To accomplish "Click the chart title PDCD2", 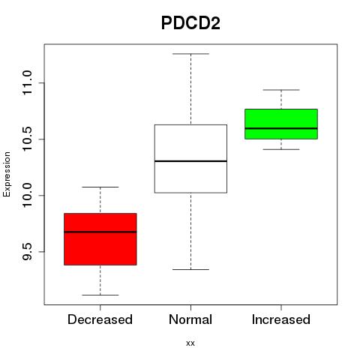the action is click(x=190, y=23).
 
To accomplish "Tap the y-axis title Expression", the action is click(x=7, y=174).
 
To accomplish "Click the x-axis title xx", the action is click(x=190, y=343).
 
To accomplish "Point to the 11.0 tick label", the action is click(x=27, y=82).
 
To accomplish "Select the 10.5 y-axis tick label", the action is click(x=27, y=139).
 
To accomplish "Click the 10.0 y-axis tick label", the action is click(x=27, y=195).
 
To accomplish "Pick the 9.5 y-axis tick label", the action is click(x=27, y=251).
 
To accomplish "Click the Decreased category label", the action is click(x=100, y=319).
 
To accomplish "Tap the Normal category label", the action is click(x=190, y=319).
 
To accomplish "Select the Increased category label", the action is click(x=281, y=319).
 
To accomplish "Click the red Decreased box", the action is click(x=100, y=239).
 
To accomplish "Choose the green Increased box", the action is click(x=281, y=124).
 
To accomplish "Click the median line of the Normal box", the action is click(x=190, y=161).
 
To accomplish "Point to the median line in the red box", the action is click(x=100, y=232).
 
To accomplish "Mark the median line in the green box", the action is click(x=281, y=128).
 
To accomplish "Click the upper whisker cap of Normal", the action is click(x=190, y=54).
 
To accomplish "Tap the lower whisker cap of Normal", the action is click(x=190, y=269).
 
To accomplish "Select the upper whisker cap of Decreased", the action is click(x=100, y=187).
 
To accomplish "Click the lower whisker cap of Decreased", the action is click(x=100, y=295).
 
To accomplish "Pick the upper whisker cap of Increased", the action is click(x=281, y=90).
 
